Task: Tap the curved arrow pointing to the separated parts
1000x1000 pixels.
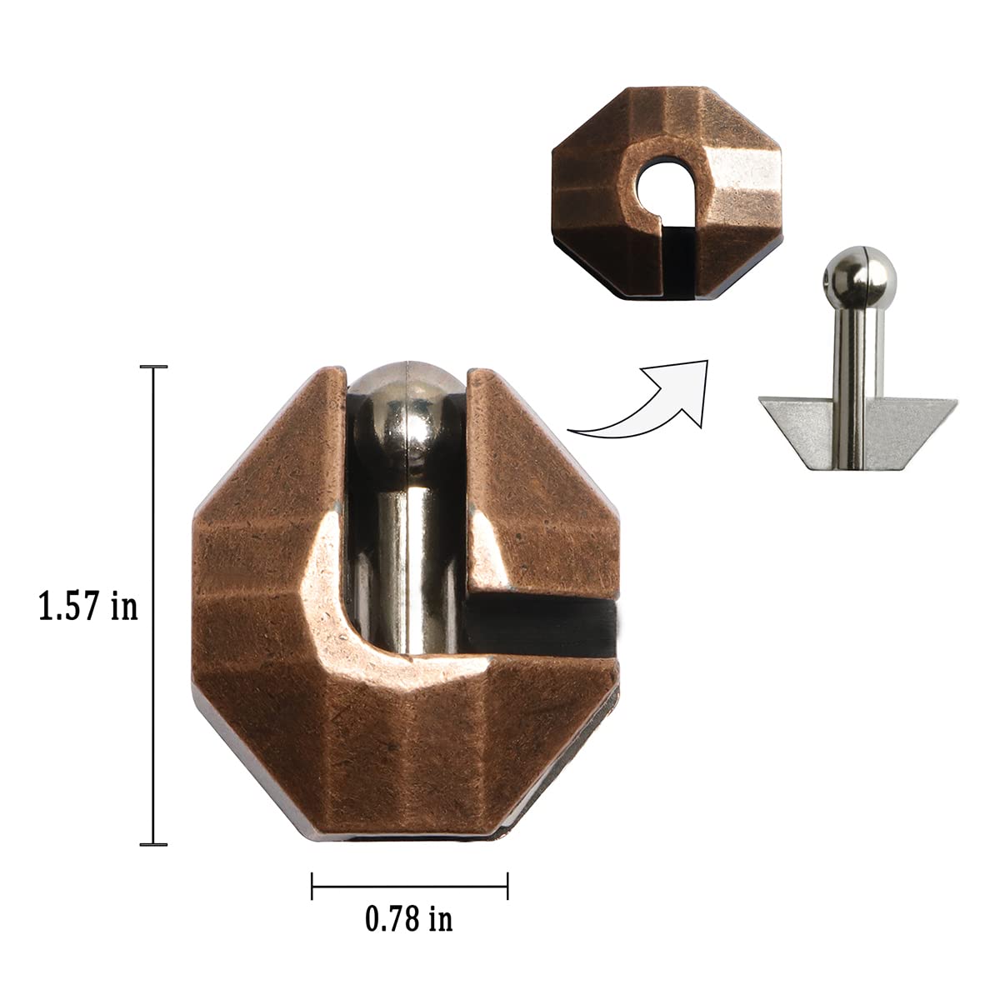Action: (642, 400)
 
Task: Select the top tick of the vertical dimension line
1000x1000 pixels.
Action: (153, 367)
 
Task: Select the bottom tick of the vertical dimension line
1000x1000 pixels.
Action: (153, 845)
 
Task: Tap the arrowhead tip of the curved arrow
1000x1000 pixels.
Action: (706, 362)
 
